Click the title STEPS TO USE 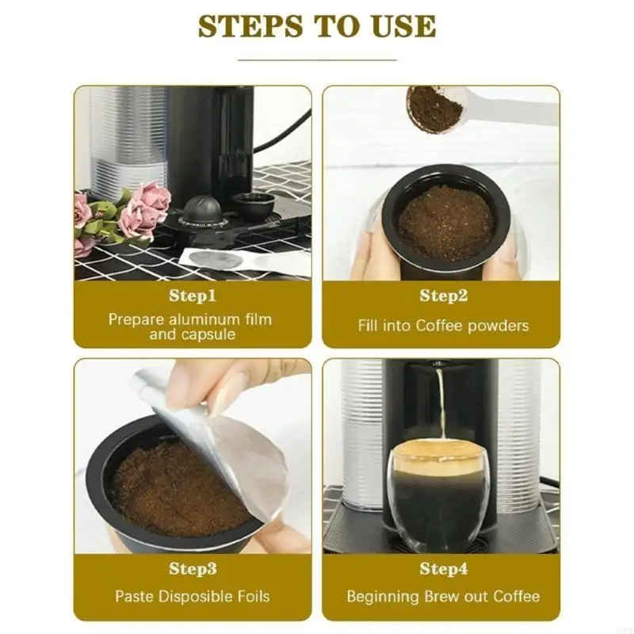coord(317,26)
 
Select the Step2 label coord(443,296)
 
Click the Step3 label coord(193,569)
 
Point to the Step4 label coord(443,569)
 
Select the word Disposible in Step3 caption coord(194,596)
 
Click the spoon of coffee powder coord(434,109)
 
